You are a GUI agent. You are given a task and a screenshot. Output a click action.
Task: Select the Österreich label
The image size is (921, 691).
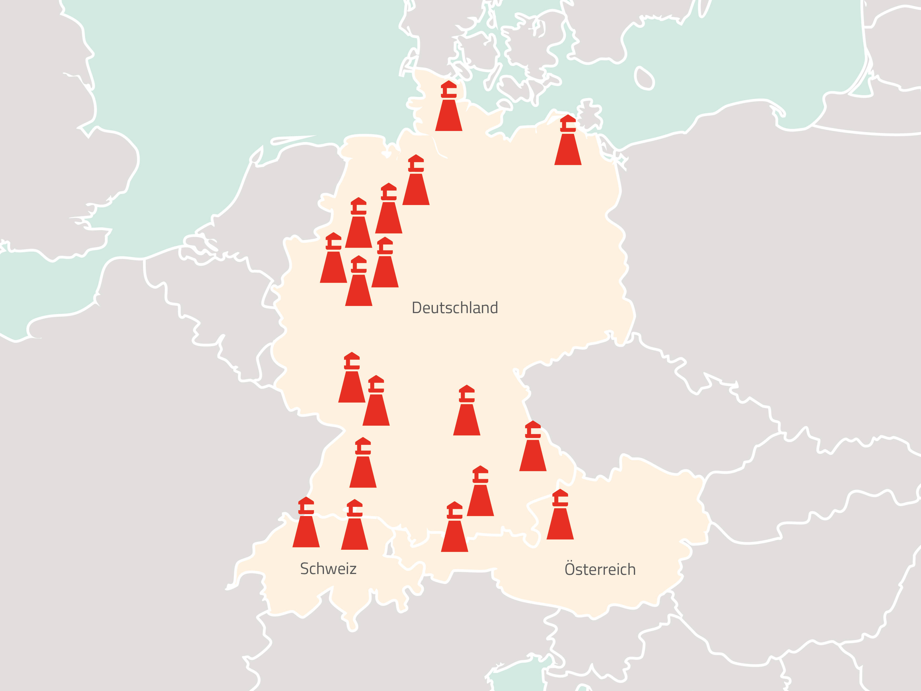[x=600, y=570]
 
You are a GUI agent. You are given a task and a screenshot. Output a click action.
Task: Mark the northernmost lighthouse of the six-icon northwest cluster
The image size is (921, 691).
[x=416, y=181]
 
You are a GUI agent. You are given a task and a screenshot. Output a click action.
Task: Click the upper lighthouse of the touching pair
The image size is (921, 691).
[x=351, y=379]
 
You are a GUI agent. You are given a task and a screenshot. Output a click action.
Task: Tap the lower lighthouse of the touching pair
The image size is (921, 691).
[x=376, y=402]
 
